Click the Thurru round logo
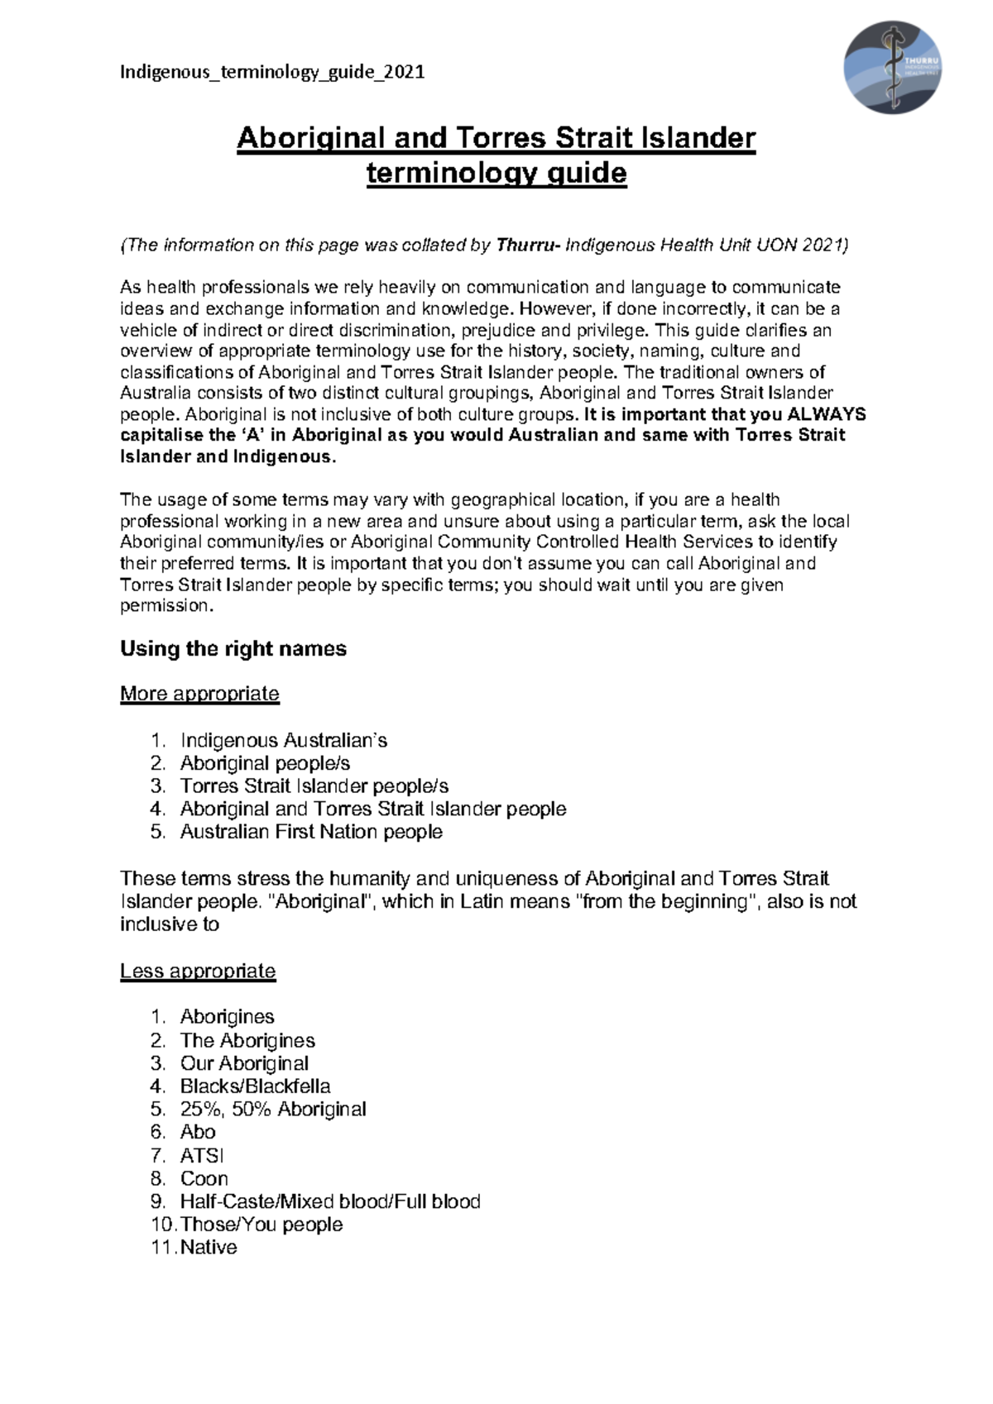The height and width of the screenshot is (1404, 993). [892, 68]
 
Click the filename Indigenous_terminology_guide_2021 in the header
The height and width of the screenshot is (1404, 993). [272, 72]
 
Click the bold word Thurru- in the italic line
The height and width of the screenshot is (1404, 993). [528, 245]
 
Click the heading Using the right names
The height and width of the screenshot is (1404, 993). [233, 648]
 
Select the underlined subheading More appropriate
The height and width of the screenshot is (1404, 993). [199, 693]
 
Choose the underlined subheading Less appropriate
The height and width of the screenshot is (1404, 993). [197, 971]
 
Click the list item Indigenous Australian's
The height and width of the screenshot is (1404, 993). [283, 740]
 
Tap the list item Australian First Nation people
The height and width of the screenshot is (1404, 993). [311, 832]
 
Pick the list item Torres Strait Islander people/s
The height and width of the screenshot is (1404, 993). [314, 786]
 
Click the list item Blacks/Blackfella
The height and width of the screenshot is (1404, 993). [255, 1086]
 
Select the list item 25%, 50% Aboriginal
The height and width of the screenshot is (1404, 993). [273, 1109]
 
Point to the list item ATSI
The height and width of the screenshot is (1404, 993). [202, 1155]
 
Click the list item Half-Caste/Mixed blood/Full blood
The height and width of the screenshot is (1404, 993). [330, 1201]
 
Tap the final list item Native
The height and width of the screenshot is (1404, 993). [209, 1247]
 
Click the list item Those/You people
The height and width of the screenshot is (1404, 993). [261, 1224]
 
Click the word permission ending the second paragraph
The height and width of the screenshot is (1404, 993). [165, 605]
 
